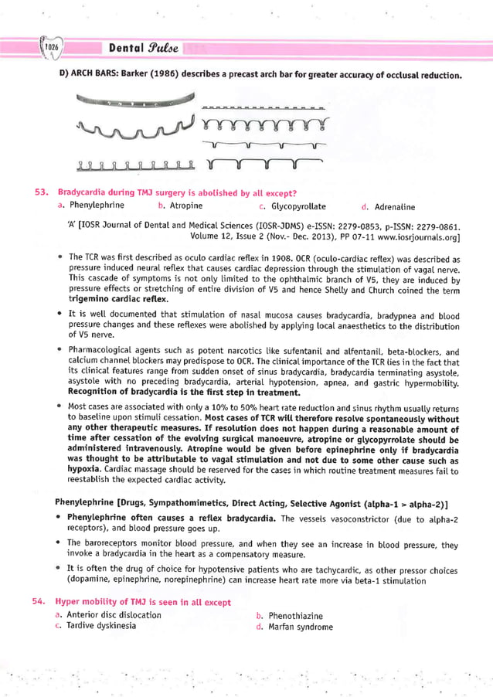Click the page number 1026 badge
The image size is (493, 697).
point(51,48)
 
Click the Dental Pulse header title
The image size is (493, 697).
point(144,48)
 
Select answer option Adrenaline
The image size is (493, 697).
point(394,207)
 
